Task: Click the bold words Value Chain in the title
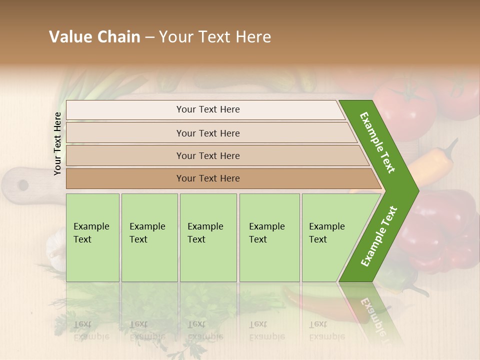(x=94, y=37)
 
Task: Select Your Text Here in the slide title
(x=215, y=37)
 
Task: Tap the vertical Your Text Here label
(x=57, y=143)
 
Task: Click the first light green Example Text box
(x=92, y=237)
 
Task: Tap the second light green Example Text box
(x=149, y=237)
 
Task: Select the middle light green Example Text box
(x=208, y=237)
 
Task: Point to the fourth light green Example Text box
(x=269, y=237)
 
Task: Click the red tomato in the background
(x=405, y=107)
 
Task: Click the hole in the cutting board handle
(x=23, y=185)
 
